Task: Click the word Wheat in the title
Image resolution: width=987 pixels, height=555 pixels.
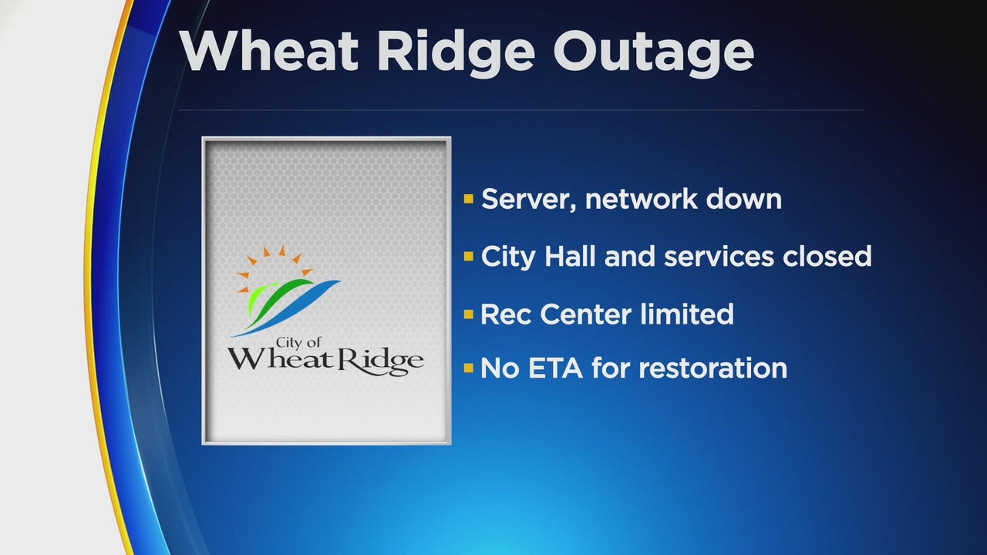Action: [x=268, y=51]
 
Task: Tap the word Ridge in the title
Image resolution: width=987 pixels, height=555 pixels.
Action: [x=456, y=55]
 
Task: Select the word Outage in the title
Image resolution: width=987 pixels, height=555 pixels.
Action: [x=653, y=55]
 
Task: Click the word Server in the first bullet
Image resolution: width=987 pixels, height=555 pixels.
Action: [x=529, y=200]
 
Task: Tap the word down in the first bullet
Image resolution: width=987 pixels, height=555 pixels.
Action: [x=744, y=199]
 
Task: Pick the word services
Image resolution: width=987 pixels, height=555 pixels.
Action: [x=719, y=257]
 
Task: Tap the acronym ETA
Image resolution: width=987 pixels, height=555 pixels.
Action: [x=555, y=368]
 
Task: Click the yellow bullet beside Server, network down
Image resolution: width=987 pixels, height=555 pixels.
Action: [x=468, y=199]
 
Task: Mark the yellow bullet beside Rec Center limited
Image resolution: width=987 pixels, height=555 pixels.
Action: [x=468, y=314]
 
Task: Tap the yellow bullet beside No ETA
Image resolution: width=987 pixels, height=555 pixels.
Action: [x=468, y=368]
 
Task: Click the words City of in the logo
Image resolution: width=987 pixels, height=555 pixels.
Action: [x=298, y=343]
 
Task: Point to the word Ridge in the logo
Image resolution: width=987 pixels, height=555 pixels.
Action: [x=380, y=362]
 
